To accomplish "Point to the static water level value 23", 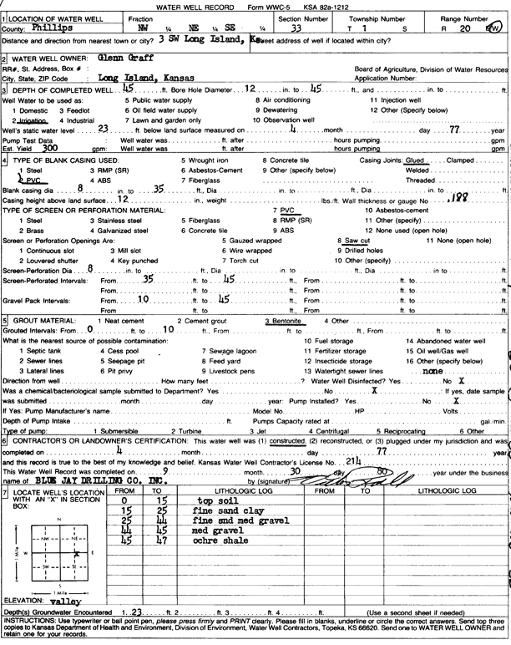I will (x=104, y=129).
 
